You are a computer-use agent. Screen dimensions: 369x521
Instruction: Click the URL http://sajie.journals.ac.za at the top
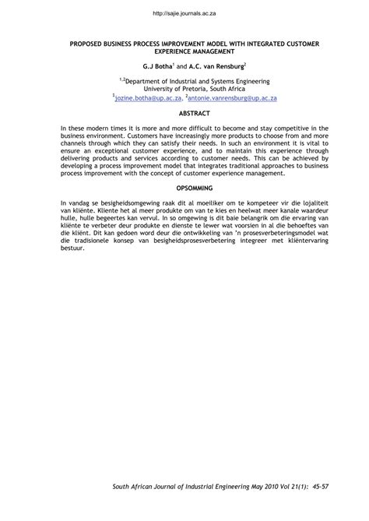pyautogui.click(x=184, y=13)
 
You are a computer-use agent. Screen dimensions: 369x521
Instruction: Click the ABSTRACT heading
pyautogui.click(x=184, y=114)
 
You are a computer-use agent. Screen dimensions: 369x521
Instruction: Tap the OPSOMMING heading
pyautogui.click(x=184, y=189)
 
